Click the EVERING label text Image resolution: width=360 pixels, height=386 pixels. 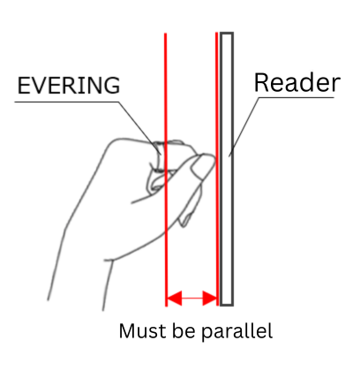69,85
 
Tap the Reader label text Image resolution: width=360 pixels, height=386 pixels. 297,83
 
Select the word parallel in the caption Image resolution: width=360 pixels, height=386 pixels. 237,332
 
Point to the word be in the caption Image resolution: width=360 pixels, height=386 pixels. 184,331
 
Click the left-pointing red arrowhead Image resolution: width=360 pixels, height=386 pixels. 175,298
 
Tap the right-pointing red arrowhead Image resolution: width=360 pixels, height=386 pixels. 210,298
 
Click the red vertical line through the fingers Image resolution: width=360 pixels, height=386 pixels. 166,170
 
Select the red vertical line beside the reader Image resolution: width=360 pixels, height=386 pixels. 217,169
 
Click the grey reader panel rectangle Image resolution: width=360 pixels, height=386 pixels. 227,169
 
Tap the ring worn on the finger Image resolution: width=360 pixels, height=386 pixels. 158,157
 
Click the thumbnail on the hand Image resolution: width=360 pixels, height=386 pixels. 199,168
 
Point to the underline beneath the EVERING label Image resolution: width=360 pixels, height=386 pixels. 67,102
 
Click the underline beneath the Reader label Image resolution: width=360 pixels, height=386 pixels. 296,97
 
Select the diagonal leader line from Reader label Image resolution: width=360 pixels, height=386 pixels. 244,127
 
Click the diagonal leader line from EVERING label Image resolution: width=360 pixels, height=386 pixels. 139,128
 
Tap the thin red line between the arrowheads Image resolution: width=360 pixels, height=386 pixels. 192,298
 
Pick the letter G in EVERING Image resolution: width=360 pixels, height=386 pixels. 112,85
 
